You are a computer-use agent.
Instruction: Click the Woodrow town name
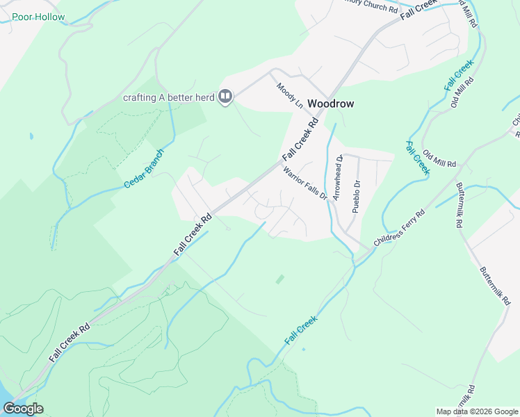click(x=330, y=104)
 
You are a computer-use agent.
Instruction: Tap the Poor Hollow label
click(x=38, y=17)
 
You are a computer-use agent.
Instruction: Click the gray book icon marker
click(x=225, y=97)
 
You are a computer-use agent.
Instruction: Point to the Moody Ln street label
click(x=290, y=96)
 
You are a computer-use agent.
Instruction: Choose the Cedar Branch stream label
click(x=144, y=168)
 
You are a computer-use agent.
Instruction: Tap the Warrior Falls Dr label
click(x=304, y=182)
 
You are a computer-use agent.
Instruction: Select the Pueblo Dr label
click(x=356, y=196)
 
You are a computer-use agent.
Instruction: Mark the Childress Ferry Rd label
click(x=398, y=229)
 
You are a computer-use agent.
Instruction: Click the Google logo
click(x=23, y=409)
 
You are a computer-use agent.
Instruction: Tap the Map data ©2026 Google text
click(x=477, y=411)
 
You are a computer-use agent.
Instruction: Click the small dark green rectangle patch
click(x=279, y=279)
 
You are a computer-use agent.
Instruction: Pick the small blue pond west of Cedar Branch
click(x=31, y=135)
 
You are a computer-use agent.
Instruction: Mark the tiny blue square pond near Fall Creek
click(x=303, y=349)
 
